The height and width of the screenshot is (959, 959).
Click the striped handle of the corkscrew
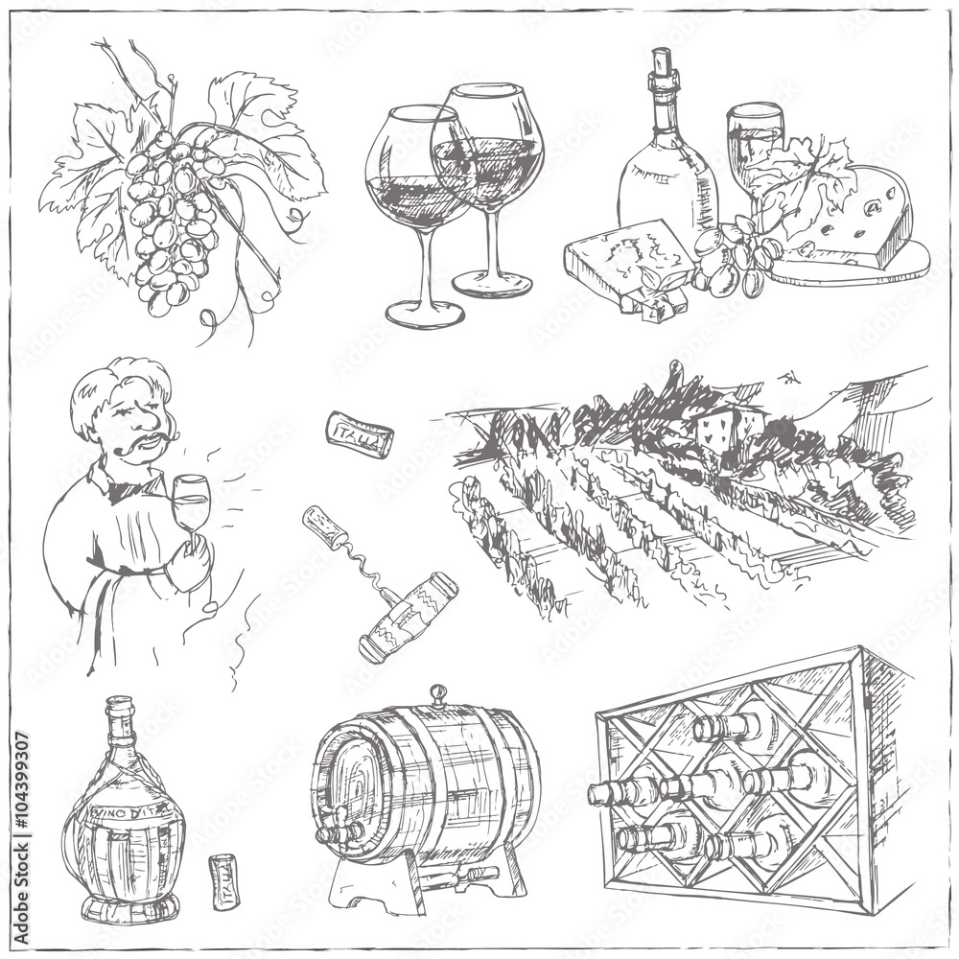408,615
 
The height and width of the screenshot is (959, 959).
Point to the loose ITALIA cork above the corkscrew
359,433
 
